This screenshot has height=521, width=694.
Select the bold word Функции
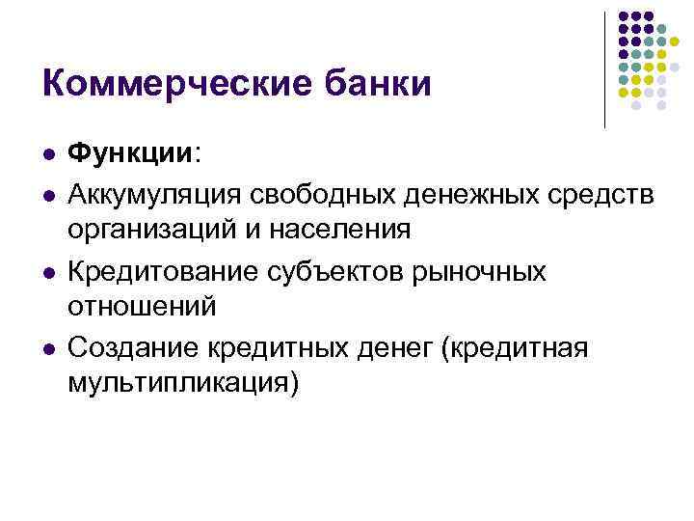click(130, 154)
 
